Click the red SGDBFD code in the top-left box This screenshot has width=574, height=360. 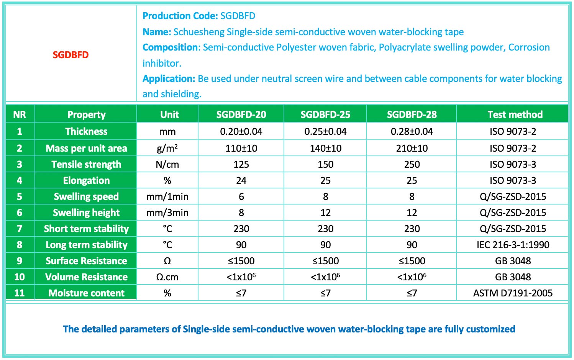pyautogui.click(x=71, y=55)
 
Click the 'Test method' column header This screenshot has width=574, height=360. pyautogui.click(x=515, y=115)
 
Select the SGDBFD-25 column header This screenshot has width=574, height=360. pyautogui.click(x=325, y=115)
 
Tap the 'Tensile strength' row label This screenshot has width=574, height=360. pyautogui.click(x=86, y=164)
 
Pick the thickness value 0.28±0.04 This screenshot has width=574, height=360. pyautogui.click(x=412, y=131)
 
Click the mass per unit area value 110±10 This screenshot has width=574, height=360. pyautogui.click(x=241, y=148)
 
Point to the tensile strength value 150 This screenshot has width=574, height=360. pyautogui.click(x=325, y=164)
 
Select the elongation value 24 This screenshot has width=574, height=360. pyautogui.click(x=241, y=180)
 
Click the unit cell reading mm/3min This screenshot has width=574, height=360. pyautogui.click(x=167, y=213)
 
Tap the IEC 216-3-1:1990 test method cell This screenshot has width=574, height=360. pyautogui.click(x=513, y=245)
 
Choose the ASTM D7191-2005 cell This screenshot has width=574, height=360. pyautogui.click(x=513, y=293)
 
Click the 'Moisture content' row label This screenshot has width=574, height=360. pyautogui.click(x=86, y=293)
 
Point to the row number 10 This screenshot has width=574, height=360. pyautogui.click(x=20, y=277)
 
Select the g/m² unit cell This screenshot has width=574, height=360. pyautogui.click(x=167, y=148)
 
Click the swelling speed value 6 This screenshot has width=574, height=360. pyautogui.click(x=241, y=196)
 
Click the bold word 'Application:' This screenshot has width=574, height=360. pyautogui.click(x=169, y=79)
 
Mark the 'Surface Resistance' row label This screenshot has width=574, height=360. pyautogui.click(x=86, y=261)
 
